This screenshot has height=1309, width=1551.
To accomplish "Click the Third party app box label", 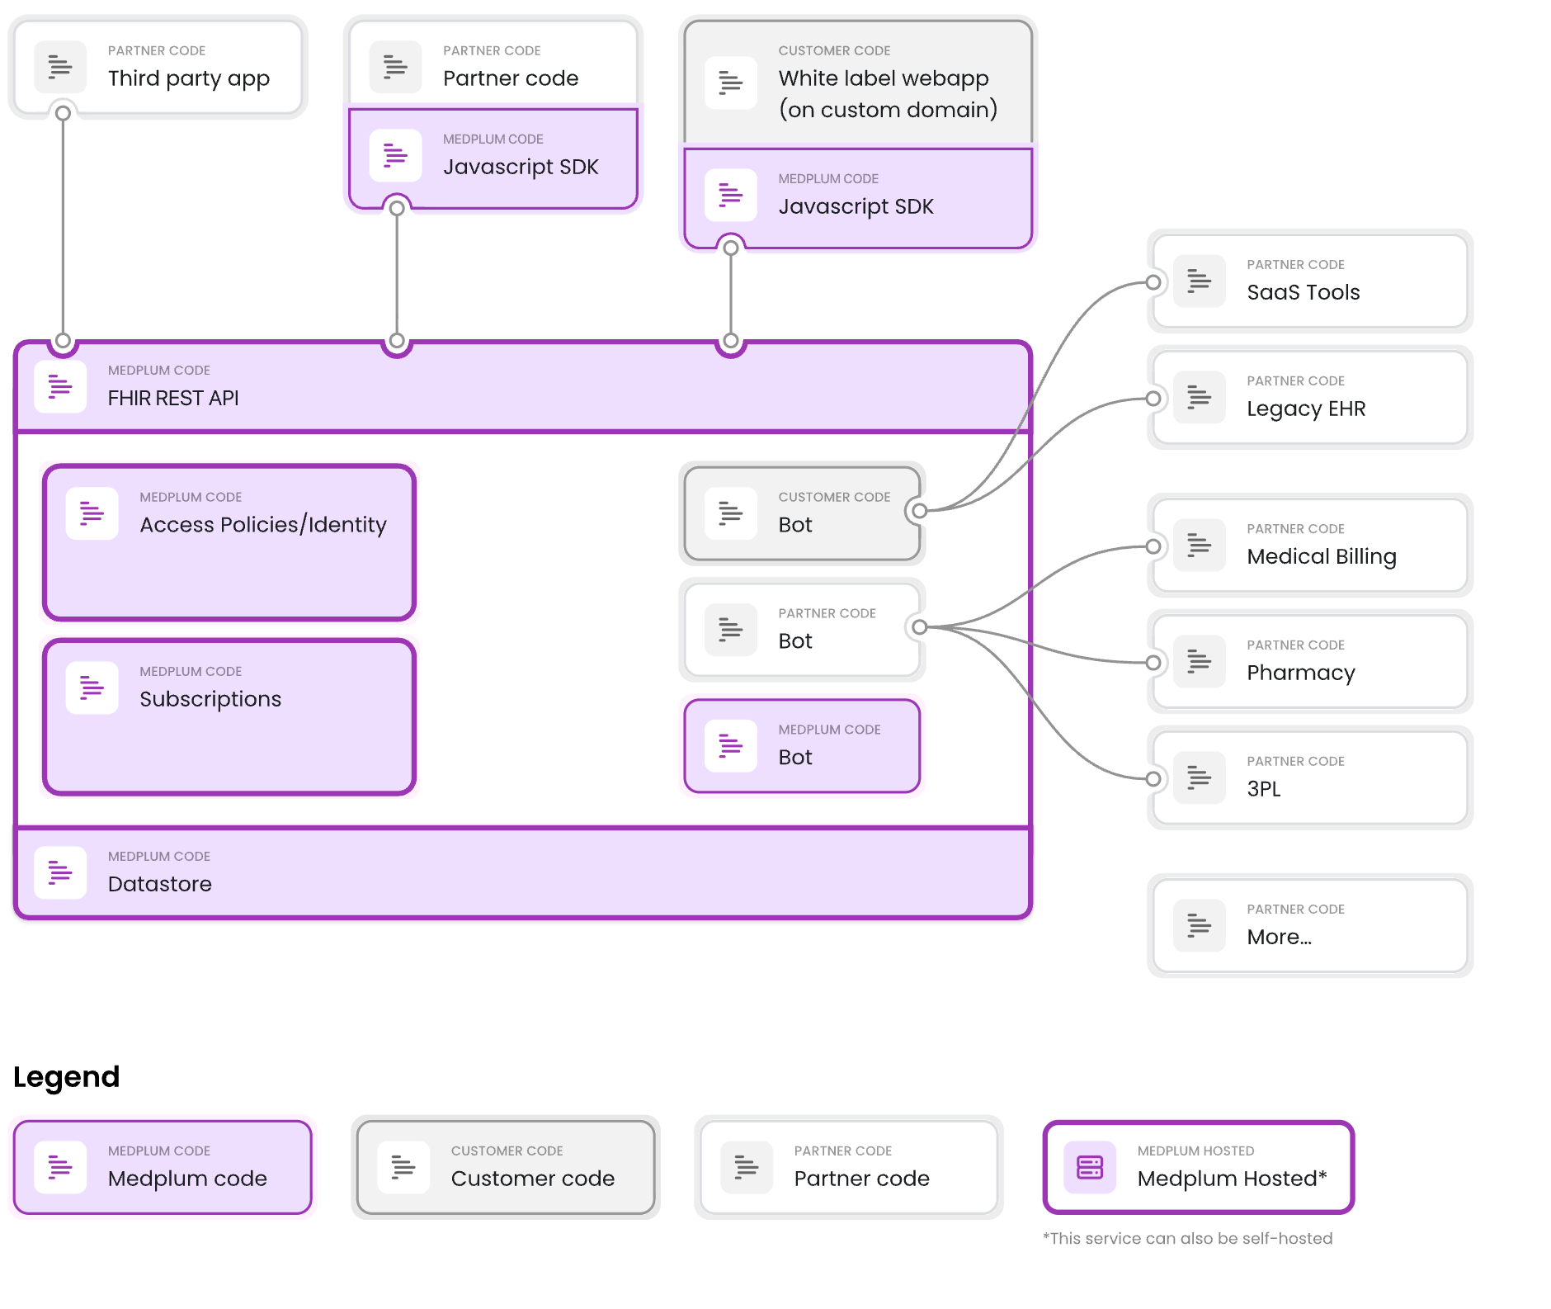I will [x=188, y=78].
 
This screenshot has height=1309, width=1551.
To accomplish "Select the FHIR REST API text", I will [x=173, y=398].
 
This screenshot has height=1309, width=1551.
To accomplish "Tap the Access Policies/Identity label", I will [x=262, y=525].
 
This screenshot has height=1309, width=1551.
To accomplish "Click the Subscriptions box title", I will [x=210, y=699].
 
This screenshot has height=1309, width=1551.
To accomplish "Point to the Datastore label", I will [x=159, y=884].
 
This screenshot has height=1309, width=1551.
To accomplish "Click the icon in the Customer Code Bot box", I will [x=730, y=513].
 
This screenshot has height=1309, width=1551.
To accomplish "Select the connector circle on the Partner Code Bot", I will [x=919, y=627].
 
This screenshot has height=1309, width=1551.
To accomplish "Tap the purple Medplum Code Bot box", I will [x=801, y=746].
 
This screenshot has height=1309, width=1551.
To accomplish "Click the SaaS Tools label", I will [x=1303, y=292].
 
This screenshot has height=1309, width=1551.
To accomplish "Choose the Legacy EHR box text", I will [x=1306, y=409].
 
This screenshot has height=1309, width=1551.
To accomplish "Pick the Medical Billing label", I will [x=1321, y=556].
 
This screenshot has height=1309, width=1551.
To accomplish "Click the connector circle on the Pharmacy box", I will [x=1153, y=663].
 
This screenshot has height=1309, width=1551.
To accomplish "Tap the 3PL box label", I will [x=1263, y=789].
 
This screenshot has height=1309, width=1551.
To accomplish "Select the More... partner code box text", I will [x=1279, y=937].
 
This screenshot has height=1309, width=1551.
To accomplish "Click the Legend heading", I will [x=66, y=1077].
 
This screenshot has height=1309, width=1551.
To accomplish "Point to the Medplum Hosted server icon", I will [x=1089, y=1167].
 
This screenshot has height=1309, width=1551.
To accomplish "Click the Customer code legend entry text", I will [x=532, y=1179].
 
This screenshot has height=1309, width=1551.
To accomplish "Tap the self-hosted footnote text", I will [x=1187, y=1238].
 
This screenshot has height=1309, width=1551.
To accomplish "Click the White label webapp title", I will [x=883, y=78].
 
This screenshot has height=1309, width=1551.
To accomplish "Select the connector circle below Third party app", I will [x=63, y=113].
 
